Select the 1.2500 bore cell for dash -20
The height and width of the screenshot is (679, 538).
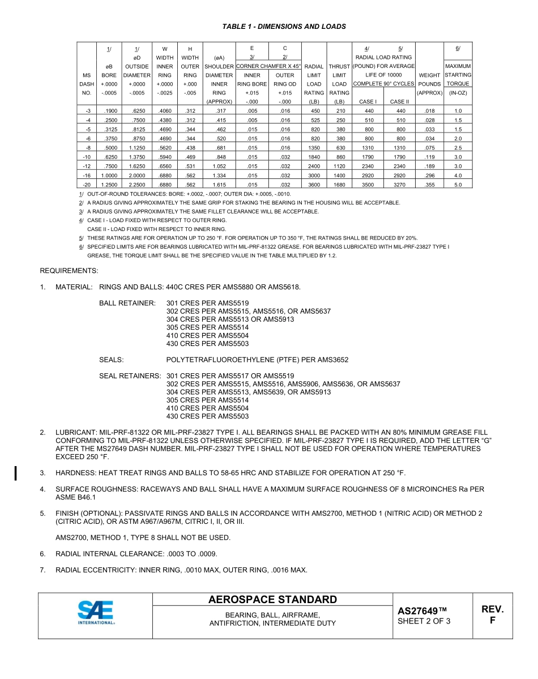(x=109, y=185)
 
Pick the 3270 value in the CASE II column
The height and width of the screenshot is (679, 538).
(x=399, y=185)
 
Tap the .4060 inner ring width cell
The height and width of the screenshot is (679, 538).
(x=165, y=111)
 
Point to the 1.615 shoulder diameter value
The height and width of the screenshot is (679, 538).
(x=219, y=185)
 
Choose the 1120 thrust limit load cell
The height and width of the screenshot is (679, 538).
(x=339, y=166)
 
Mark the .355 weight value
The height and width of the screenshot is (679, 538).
(x=429, y=185)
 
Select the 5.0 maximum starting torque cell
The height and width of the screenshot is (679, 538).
(x=458, y=185)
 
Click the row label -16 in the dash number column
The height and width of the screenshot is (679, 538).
(x=87, y=176)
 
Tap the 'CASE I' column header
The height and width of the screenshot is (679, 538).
(x=368, y=102)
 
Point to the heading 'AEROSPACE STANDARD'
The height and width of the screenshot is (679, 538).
(x=272, y=600)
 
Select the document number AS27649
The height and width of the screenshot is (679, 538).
(x=422, y=611)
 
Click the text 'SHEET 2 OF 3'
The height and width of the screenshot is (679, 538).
(x=424, y=621)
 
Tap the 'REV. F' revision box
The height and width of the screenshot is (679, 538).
(x=492, y=614)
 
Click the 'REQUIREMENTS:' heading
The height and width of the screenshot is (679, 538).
(x=69, y=271)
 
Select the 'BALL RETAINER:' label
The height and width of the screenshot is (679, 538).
(x=127, y=304)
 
